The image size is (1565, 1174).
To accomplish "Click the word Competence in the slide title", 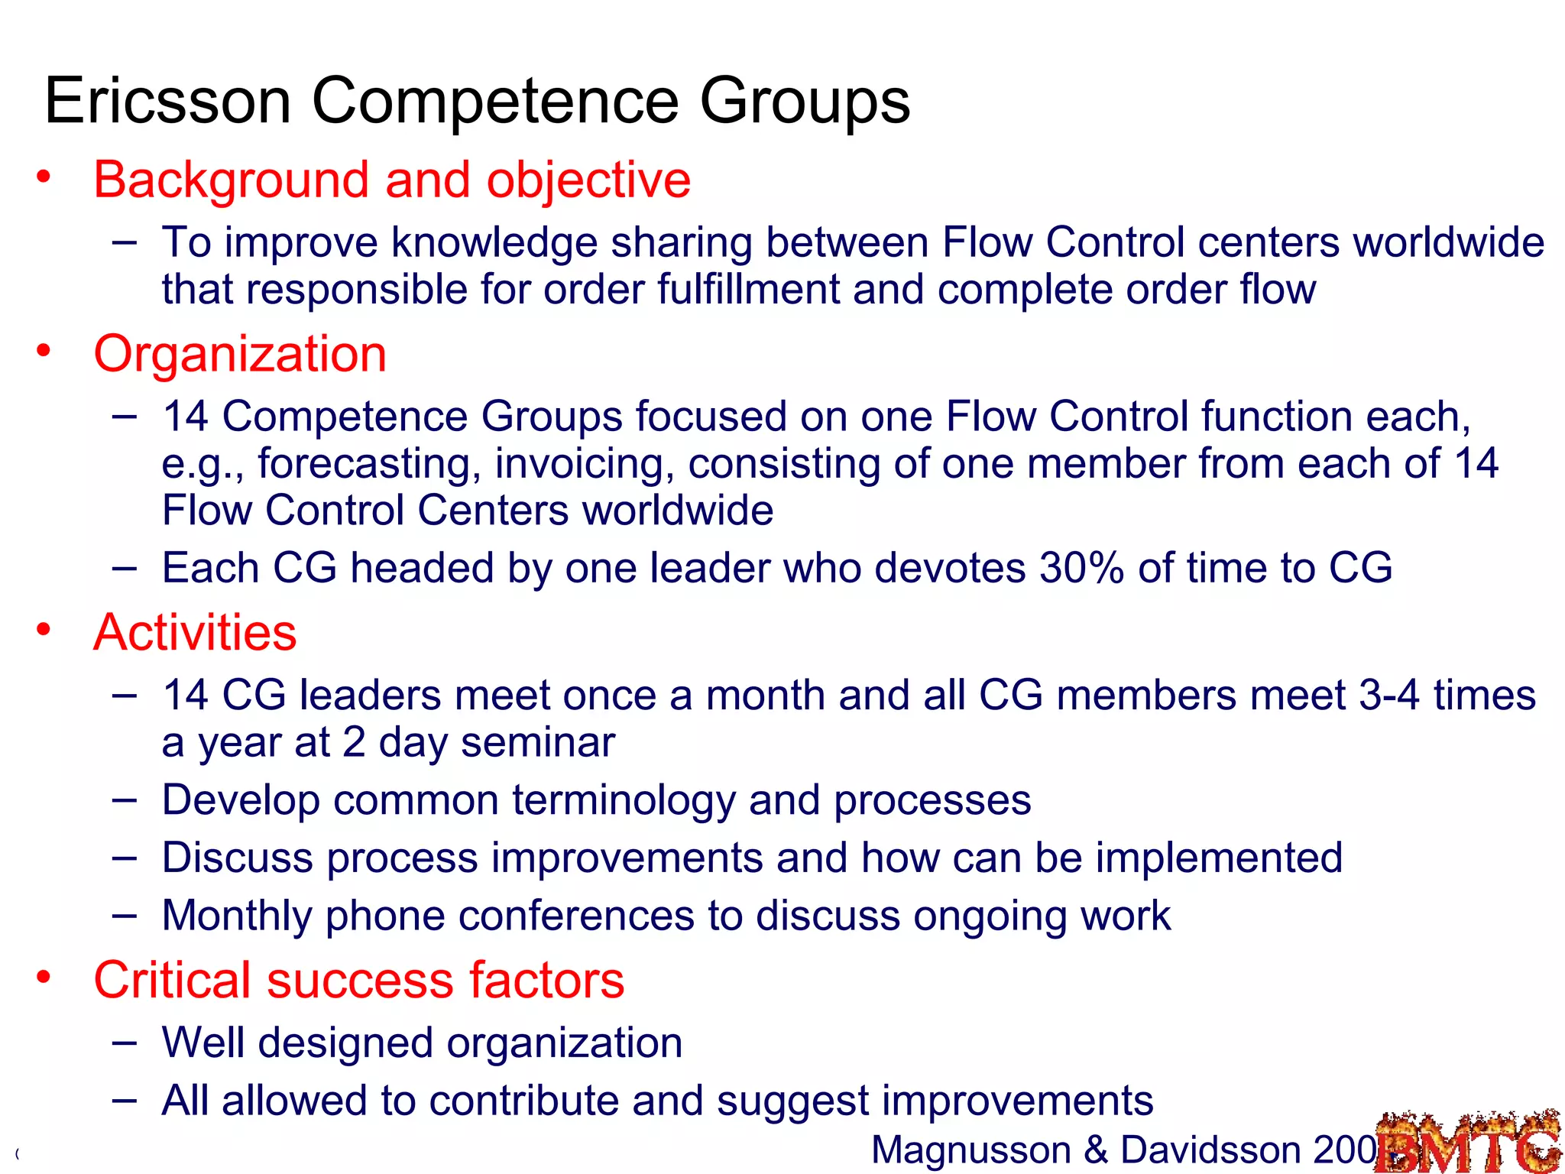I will [495, 101].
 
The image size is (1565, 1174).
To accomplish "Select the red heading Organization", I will [240, 354].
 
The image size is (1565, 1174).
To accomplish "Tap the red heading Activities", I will [195, 633].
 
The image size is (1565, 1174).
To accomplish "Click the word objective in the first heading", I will [588, 180].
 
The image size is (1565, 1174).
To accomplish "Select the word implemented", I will [1219, 858].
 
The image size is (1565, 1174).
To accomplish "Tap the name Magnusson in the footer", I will [971, 1150].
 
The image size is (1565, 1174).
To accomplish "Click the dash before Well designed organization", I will [124, 1043].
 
